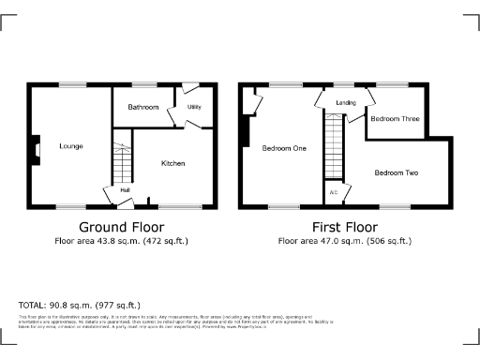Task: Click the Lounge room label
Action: (70, 146)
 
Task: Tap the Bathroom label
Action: (143, 108)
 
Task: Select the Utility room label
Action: (194, 107)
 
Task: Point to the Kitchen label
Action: (172, 163)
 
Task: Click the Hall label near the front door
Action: (124, 191)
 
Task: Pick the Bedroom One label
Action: (284, 149)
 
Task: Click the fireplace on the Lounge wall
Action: (37, 149)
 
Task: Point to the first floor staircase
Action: (333, 145)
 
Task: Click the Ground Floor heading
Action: (121, 227)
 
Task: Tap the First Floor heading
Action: (344, 227)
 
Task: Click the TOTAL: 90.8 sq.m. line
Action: (80, 305)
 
